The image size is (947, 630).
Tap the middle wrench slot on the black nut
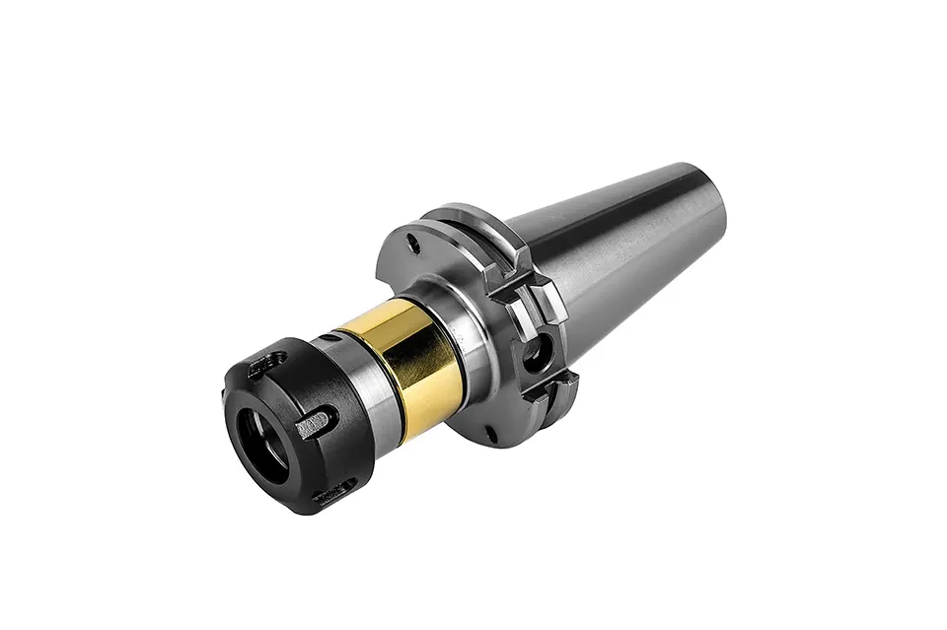click(314, 427)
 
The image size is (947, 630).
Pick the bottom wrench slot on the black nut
click(333, 490)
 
